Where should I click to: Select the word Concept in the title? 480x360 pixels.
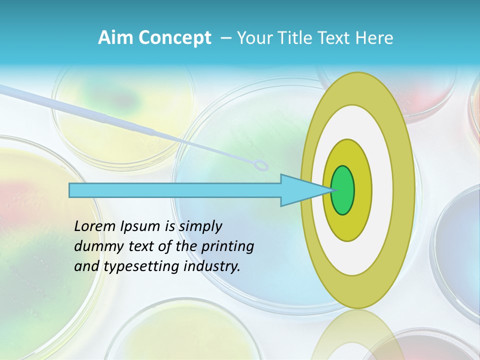[175, 38]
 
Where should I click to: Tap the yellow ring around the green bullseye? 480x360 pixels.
[363, 190]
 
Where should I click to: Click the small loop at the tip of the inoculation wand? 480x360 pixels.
[261, 166]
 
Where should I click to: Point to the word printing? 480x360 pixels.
[227, 246]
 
